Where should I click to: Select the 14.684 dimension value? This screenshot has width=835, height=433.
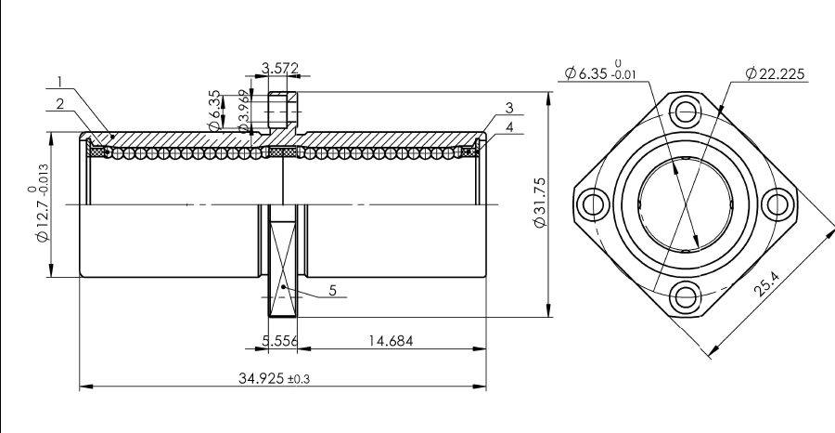pyautogui.click(x=391, y=341)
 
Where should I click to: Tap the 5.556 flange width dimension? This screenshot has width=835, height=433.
pyautogui.click(x=279, y=341)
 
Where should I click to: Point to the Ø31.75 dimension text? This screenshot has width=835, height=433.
pyautogui.click(x=540, y=203)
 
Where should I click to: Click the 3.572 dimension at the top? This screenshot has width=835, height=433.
pyautogui.click(x=280, y=68)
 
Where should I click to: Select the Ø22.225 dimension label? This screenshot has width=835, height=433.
pyautogui.click(x=775, y=73)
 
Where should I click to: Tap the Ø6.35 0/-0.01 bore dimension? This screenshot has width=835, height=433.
pyautogui.click(x=600, y=71)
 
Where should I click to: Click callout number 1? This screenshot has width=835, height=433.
pyautogui.click(x=60, y=82)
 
